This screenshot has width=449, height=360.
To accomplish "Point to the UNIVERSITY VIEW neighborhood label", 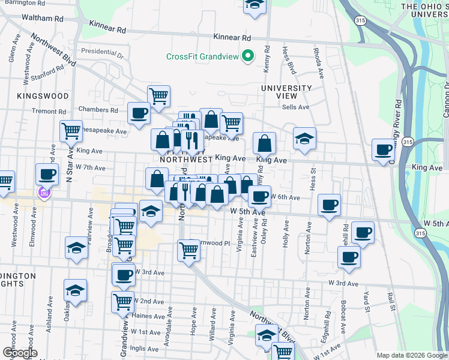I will pyautogui.click(x=287, y=92).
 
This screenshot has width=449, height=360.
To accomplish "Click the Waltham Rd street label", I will pyautogui.click(x=43, y=18).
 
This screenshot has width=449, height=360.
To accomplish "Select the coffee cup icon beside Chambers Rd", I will pyautogui.click(x=139, y=113).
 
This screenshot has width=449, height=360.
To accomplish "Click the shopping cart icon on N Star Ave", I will pyautogui.click(x=71, y=130).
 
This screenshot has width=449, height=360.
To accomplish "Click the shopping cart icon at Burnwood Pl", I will pyautogui.click(x=188, y=250).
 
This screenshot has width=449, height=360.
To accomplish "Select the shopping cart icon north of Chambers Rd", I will pyautogui.click(x=158, y=95).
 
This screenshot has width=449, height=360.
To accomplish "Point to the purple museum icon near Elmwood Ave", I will pyautogui.click(x=43, y=193).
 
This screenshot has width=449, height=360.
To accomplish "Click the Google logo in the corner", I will pyautogui.click(x=19, y=353).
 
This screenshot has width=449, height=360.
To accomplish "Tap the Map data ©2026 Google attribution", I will pyautogui.click(x=411, y=355).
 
